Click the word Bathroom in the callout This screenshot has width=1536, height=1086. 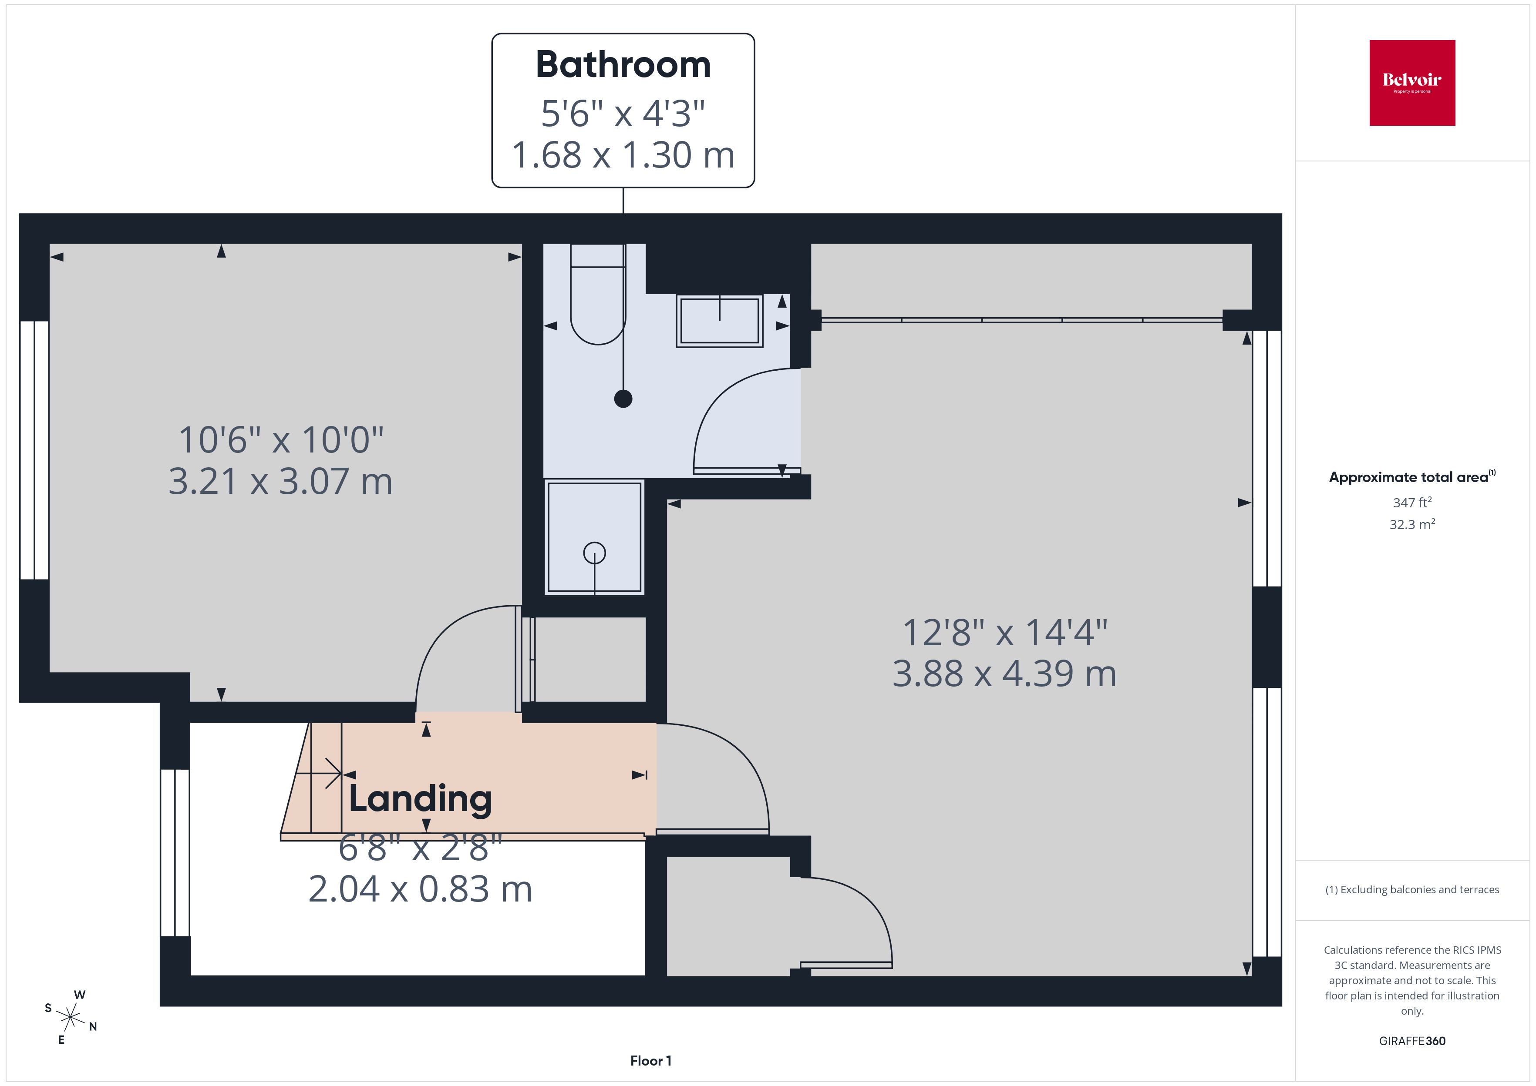[x=623, y=65]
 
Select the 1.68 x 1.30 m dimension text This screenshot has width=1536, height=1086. [x=623, y=155]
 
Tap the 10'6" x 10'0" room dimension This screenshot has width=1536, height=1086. [x=281, y=440]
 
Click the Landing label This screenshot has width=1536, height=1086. [x=420, y=798]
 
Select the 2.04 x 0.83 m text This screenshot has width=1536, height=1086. [x=420, y=889]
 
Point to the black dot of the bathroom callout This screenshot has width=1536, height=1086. [x=623, y=399]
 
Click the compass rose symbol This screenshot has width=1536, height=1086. [x=70, y=1017]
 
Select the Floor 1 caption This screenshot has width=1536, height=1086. [x=650, y=1061]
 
